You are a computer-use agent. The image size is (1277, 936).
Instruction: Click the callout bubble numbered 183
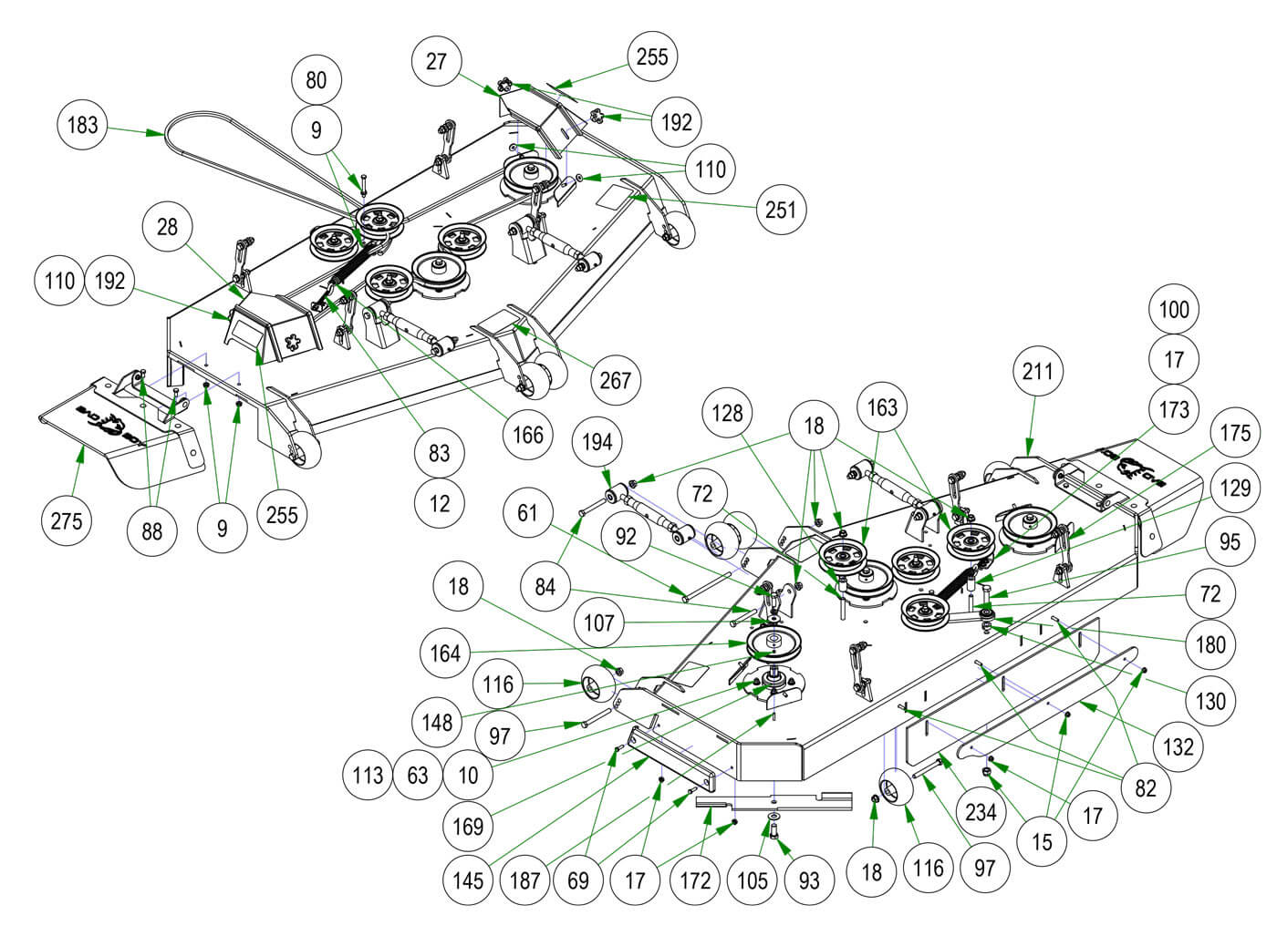coord(82,124)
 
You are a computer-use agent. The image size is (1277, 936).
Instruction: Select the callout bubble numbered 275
coord(66,521)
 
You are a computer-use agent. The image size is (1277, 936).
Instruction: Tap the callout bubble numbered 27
coord(437,61)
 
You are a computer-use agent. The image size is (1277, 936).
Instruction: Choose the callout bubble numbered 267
coord(616,379)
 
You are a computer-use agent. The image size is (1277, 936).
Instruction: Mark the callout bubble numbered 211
coord(1037,371)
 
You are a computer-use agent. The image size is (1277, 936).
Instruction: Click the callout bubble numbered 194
coord(597,442)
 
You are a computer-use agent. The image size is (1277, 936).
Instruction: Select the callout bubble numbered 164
coord(444,653)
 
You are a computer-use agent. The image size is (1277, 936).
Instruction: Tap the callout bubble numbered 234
coord(981,810)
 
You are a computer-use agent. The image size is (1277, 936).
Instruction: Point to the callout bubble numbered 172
coord(695,880)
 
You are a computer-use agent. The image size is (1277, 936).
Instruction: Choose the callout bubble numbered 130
coord(1210,701)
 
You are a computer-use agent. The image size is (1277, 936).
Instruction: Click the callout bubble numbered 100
coord(1174,309)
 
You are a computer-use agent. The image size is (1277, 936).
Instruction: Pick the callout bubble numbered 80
coord(316,80)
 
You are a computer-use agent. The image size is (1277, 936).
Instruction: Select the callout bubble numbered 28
coord(167,226)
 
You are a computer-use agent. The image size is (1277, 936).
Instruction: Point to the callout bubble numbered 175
coord(1235,431)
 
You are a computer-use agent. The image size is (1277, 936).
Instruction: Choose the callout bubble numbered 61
coord(528,513)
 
